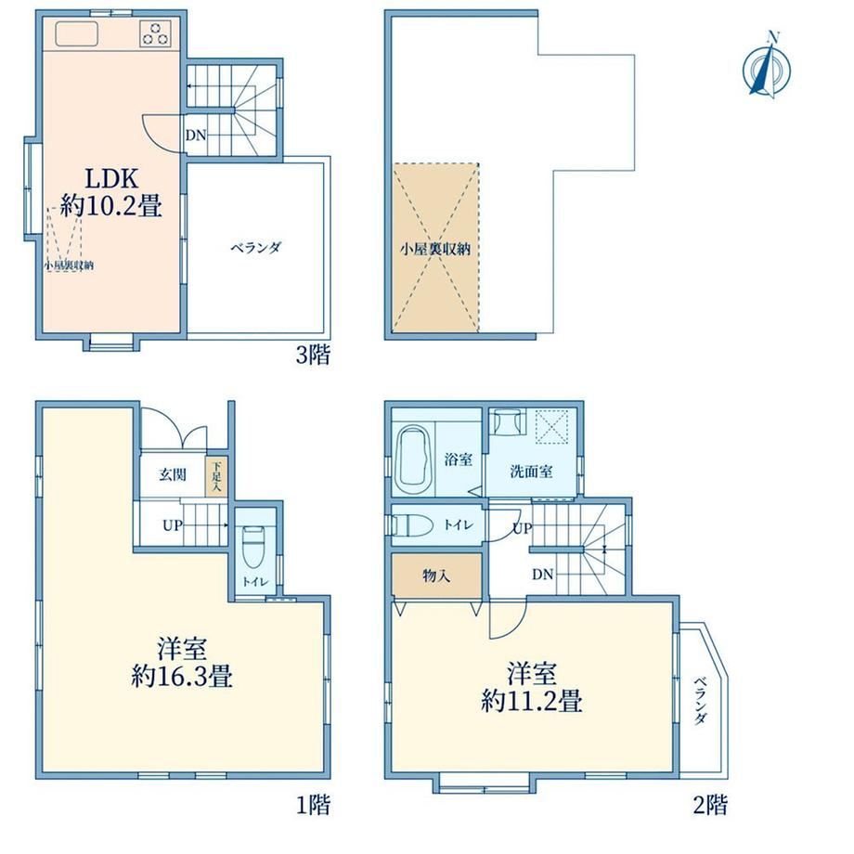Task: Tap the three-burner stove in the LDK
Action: pos(155,33)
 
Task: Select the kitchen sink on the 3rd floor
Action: pos(76,33)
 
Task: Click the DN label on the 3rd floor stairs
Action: pos(196,135)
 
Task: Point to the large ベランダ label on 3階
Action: pos(255,248)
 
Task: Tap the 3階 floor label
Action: pos(313,356)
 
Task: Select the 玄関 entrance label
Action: pos(173,474)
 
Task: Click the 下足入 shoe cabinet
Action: pos(216,476)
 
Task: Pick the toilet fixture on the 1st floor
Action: pos(252,546)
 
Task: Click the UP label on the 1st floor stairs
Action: pos(172,525)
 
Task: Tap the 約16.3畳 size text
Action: pos(182,677)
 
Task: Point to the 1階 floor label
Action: pos(313,804)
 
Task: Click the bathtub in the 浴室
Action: pos(415,459)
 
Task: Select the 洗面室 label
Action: pos(531,472)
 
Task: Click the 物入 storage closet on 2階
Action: pos(437,576)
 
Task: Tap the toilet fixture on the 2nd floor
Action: pos(412,525)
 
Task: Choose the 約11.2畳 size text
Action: pos(532,701)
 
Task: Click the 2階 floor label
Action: pos(710,804)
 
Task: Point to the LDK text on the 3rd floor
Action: pos(110,178)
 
